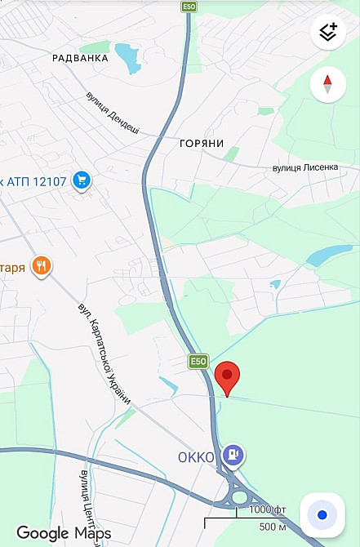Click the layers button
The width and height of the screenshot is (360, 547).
(328, 33)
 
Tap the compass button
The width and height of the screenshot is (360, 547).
(328, 84)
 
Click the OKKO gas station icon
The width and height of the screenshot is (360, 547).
(234, 455)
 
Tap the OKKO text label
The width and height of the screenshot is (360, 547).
(196, 457)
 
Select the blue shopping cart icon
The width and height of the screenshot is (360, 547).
(81, 180)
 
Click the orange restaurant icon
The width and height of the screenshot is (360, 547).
(42, 265)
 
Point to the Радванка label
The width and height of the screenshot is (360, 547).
(80, 58)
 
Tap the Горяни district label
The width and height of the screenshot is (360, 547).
(201, 144)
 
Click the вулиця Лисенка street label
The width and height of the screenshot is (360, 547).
(304, 167)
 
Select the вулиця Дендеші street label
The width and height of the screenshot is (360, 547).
(113, 113)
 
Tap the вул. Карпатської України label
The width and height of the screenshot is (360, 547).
(104, 354)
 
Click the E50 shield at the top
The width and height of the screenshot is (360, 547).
(189, 7)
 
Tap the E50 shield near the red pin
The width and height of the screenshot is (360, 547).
(198, 361)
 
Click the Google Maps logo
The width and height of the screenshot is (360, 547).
(64, 533)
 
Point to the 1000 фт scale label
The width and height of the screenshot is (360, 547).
(267, 510)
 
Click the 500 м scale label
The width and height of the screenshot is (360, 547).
(272, 527)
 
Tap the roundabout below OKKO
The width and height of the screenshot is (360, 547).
(239, 496)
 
